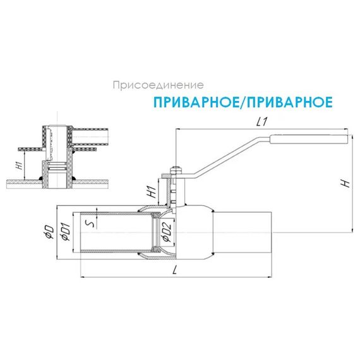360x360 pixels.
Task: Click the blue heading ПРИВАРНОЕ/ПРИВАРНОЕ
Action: pos(243,101)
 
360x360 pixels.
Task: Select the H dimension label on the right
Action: pos(344,183)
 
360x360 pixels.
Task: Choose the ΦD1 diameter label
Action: pos(63,232)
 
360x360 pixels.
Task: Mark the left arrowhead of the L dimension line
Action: pos(83,277)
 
